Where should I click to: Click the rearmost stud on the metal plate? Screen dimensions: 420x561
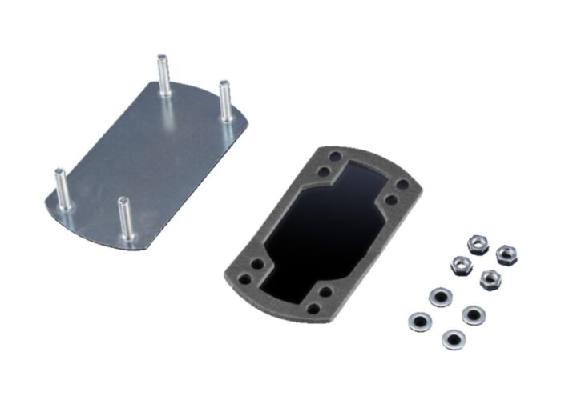coord(163,76)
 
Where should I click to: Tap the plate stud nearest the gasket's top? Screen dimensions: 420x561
coord(225,102)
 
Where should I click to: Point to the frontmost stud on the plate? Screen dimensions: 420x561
coord(124,220)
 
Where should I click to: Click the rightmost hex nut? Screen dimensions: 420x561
coord(506,255)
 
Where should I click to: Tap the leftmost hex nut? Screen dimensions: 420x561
coord(461,265)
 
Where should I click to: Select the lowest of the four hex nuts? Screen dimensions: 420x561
coord(490,279)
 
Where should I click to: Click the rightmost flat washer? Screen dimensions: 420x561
coord(473,314)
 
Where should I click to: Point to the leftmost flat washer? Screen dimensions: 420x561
coord(418,322)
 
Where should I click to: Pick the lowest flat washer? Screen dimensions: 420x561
coord(452,340)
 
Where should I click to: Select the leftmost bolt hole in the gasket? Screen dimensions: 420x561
coord(257,264)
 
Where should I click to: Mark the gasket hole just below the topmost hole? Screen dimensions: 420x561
coord(324,171)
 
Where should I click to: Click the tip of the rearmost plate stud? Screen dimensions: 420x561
coord(163,58)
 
